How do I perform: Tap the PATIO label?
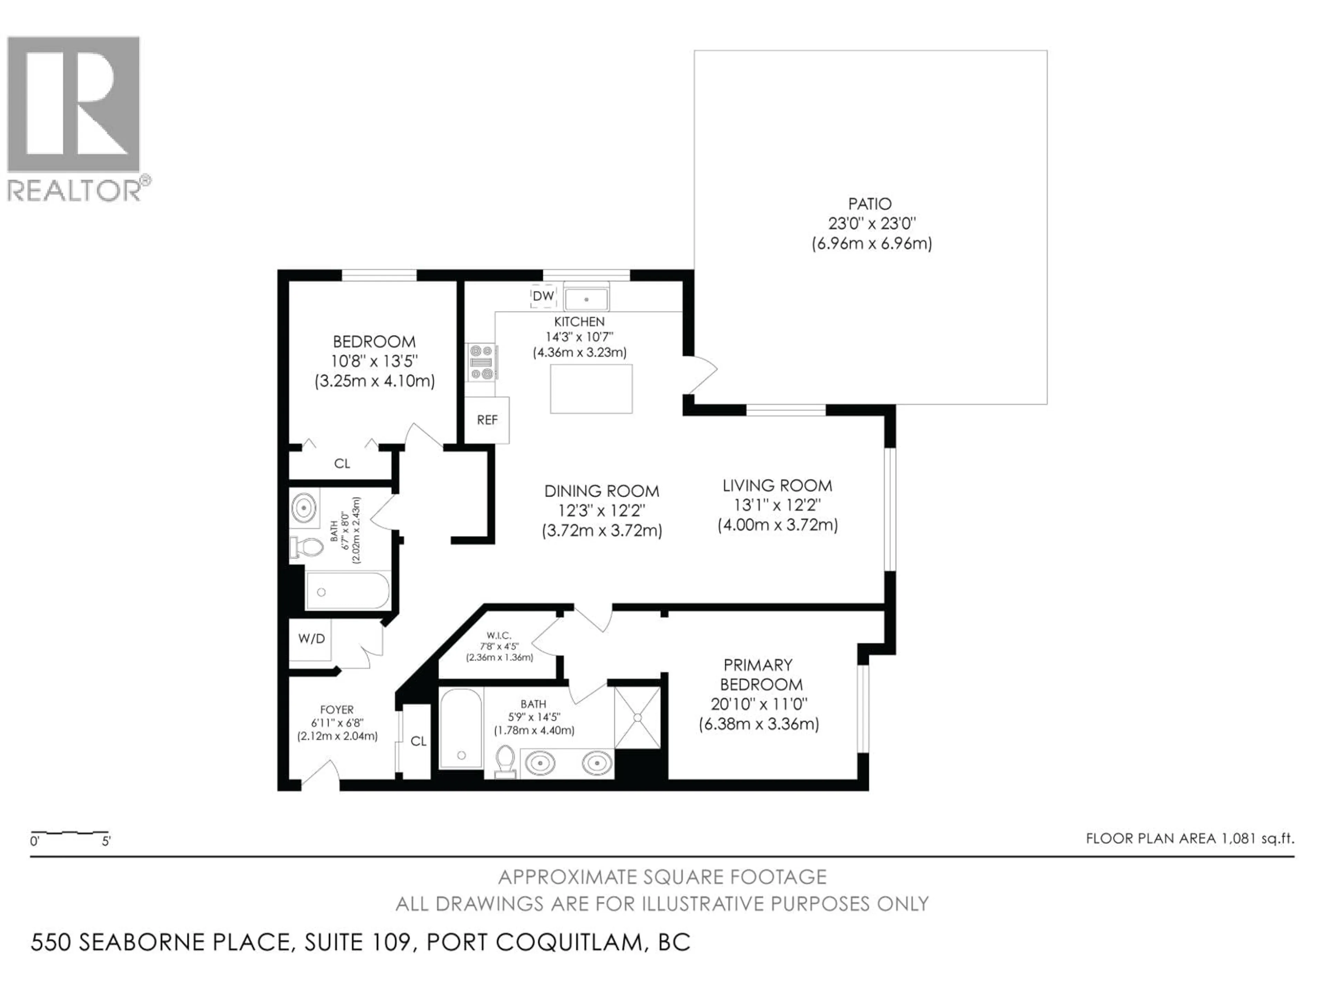[x=870, y=204]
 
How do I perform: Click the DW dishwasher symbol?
[x=543, y=296]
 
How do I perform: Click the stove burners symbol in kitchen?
[x=482, y=362]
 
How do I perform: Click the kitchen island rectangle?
[x=591, y=389]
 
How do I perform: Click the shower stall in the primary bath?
[x=638, y=718]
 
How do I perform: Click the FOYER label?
[x=337, y=710]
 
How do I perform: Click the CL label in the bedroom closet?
[x=342, y=464]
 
